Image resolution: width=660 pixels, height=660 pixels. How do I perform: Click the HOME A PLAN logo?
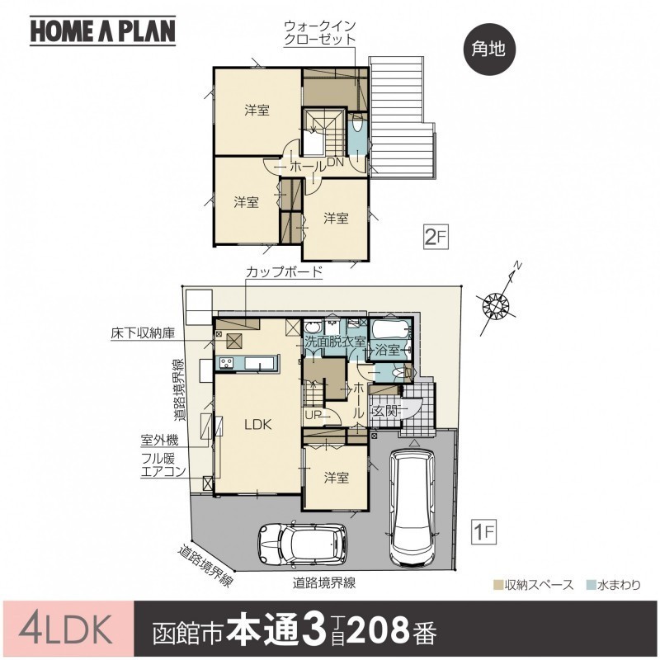pyautogui.click(x=102, y=31)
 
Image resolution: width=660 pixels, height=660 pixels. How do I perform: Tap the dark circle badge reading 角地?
pyautogui.click(x=488, y=49)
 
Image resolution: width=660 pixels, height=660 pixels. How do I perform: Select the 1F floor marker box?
pyautogui.click(x=484, y=532)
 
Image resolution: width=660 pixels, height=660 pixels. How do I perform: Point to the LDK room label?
pyautogui.click(x=258, y=425)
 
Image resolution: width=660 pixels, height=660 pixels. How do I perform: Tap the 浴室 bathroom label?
pyautogui.click(x=387, y=350)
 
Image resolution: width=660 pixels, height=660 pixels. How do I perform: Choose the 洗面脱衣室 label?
pyautogui.click(x=334, y=342)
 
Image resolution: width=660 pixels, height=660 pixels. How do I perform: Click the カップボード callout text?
pyautogui.click(x=284, y=271)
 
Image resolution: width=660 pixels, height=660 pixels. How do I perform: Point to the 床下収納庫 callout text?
pyautogui.click(x=142, y=333)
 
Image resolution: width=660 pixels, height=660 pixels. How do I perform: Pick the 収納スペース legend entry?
pyautogui.click(x=533, y=585)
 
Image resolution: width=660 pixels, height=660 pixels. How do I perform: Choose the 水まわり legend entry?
pyautogui.click(x=614, y=585)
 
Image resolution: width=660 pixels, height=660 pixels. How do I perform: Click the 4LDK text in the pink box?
pyautogui.click(x=66, y=629)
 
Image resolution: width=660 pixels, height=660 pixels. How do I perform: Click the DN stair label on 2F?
pyautogui.click(x=337, y=162)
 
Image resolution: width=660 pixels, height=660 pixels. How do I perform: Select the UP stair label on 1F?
pyautogui.click(x=313, y=415)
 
